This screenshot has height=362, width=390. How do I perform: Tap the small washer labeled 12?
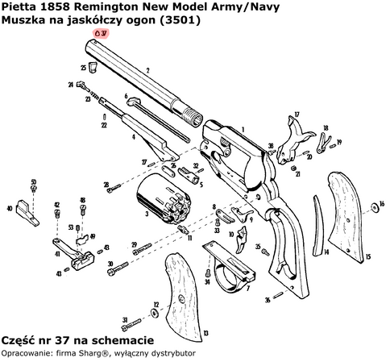click(155, 314)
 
